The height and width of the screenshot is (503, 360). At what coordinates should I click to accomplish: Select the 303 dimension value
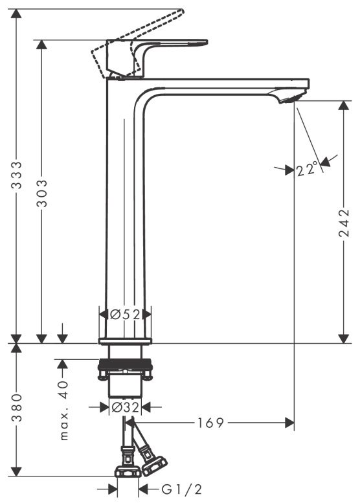coord(42,193)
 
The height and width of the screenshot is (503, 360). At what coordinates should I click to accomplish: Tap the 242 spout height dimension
coord(344,223)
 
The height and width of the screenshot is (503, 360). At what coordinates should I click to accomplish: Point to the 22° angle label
coord(308,170)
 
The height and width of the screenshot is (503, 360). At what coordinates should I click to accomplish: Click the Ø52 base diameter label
coord(125,314)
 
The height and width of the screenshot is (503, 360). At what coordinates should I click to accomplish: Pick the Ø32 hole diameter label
coord(125,407)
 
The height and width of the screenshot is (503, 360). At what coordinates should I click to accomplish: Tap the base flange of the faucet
coord(125,341)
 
